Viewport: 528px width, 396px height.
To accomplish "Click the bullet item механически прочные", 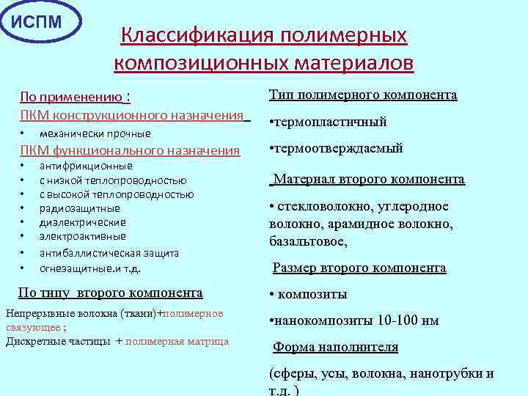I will (x=95, y=133).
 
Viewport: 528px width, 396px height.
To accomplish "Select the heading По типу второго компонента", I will (x=111, y=293).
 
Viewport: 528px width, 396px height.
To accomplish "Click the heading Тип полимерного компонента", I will (x=363, y=95).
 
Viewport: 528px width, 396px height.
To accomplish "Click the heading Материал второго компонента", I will (x=369, y=179).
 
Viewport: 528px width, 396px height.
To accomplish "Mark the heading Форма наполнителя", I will (x=335, y=347).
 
